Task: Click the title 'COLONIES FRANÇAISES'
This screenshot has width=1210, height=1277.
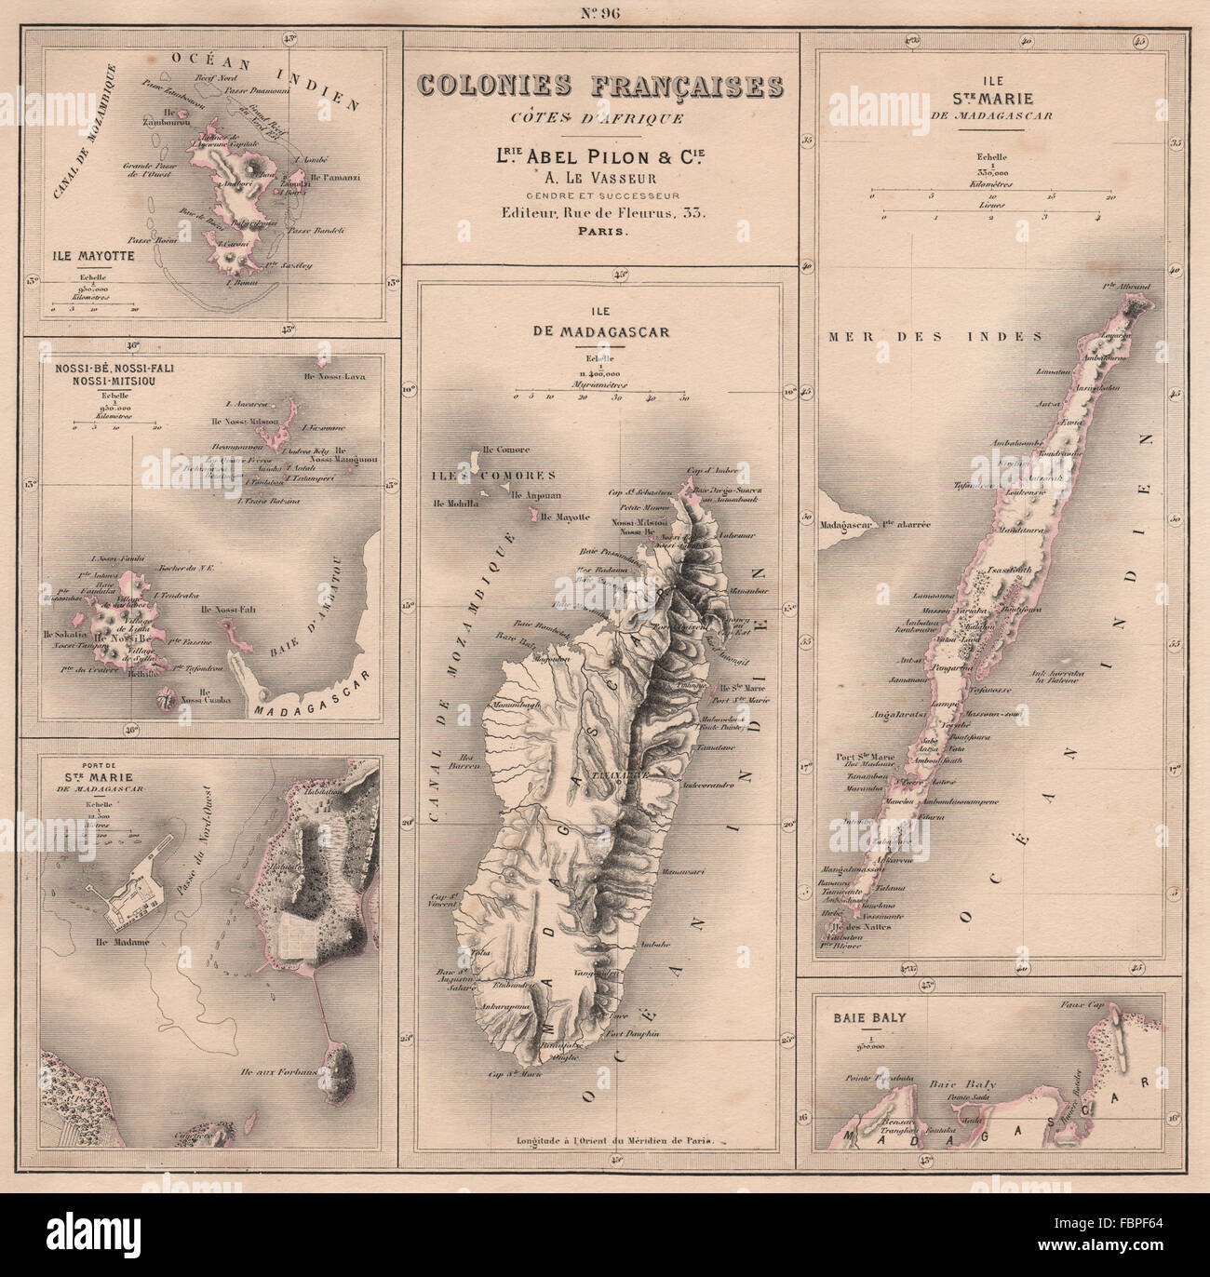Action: (600, 86)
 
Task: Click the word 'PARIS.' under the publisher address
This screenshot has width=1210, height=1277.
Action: (600, 233)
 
